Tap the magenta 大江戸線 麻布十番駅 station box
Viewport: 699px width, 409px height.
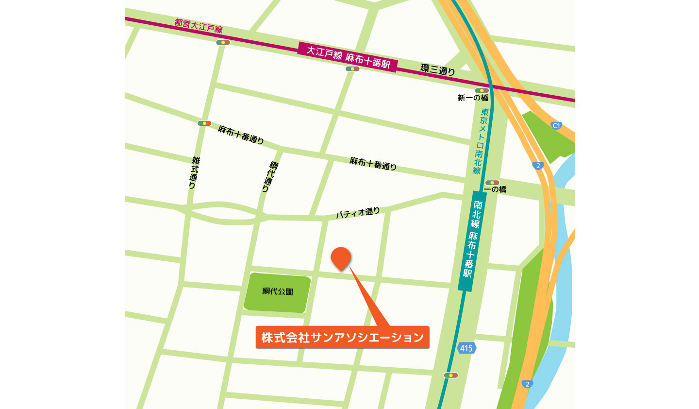[348, 57]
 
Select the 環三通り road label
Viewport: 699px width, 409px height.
[438, 69]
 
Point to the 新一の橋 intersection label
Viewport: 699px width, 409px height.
[473, 98]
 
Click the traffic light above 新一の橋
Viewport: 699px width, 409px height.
[482, 90]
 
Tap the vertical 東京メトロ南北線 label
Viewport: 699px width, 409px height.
[481, 141]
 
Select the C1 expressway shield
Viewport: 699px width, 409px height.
[556, 126]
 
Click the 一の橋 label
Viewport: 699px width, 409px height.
[496, 189]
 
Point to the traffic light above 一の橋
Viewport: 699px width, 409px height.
[492, 183]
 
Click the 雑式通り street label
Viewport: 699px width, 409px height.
[194, 172]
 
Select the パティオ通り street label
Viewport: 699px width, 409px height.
[358, 213]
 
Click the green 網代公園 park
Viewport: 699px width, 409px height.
[278, 292]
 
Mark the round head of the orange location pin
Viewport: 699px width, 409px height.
[341, 257]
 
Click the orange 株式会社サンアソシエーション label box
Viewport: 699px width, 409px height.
[342, 337]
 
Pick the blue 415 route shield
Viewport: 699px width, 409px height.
[466, 348]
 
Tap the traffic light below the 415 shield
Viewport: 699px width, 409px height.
[451, 375]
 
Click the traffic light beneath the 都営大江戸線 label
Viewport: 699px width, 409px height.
[223, 43]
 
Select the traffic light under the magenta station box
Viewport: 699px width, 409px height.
[352, 69]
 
